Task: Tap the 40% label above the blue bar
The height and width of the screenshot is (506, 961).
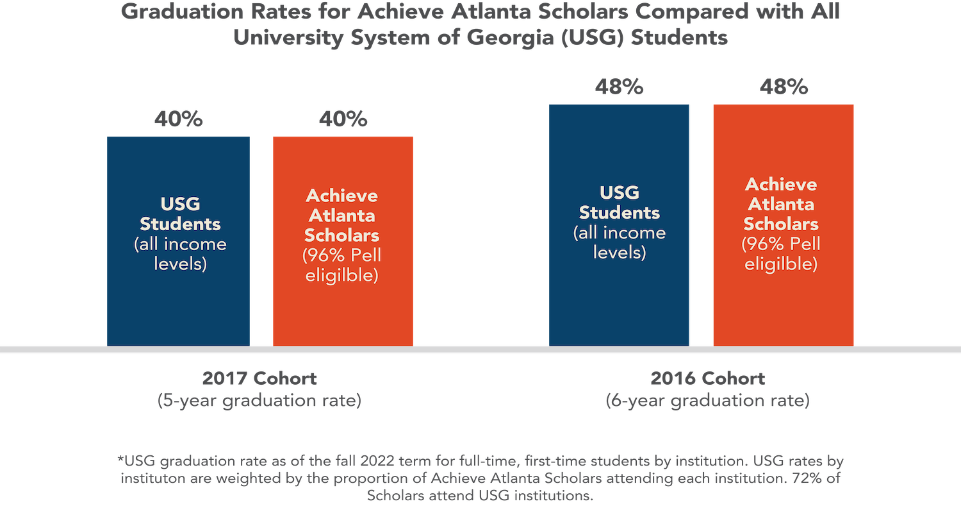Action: (x=178, y=120)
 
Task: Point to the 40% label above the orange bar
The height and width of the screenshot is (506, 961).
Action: (x=342, y=120)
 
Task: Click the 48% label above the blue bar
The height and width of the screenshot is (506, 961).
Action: (x=619, y=87)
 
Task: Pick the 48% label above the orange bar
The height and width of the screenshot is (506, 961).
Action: (x=783, y=87)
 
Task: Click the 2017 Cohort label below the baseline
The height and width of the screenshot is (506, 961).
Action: (x=259, y=378)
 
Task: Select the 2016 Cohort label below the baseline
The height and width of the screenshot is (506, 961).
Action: (x=707, y=378)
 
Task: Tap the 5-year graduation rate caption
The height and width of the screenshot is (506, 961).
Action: (x=259, y=401)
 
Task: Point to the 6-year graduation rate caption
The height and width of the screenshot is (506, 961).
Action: (x=708, y=401)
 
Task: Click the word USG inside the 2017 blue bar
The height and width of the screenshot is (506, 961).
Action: (x=180, y=205)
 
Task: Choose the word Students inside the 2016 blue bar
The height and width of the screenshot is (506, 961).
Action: (x=620, y=212)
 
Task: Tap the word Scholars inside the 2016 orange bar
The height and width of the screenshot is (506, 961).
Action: (x=781, y=224)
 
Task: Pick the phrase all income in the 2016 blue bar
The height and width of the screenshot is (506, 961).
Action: (x=620, y=233)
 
